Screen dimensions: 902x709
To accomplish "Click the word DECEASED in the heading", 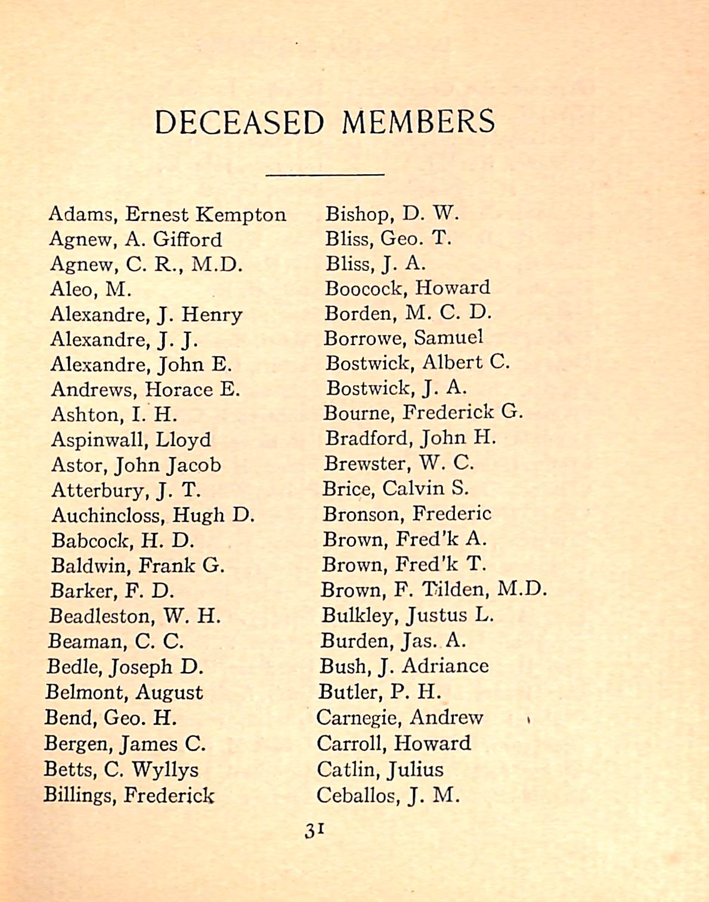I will pos(239,122).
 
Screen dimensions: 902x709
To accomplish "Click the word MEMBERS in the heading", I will pos(418,122).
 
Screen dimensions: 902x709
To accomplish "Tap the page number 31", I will pos(314,830).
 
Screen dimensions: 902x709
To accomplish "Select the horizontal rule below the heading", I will pos(324,174).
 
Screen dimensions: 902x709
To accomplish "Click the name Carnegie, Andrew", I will pos(400,718).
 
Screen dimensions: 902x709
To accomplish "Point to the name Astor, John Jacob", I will pos(136,465).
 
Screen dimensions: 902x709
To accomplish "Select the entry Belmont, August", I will pos(124,692).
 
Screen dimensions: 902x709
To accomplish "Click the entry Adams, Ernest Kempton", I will pos(167,214).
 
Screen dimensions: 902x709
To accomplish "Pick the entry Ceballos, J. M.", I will pos(388,796).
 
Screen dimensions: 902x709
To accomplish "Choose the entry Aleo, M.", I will pos(91,290).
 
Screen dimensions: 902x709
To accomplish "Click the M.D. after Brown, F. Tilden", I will pos(522,590).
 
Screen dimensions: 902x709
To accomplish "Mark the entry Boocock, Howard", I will pos(407,288).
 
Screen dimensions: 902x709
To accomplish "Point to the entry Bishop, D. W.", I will pos(391,213).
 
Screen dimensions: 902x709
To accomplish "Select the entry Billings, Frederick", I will pos(128,796).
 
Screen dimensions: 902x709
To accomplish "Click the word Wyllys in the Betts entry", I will pos(165,770).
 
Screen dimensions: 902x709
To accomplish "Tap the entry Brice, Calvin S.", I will pos(395,489).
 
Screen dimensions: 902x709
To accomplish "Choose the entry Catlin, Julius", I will pos(380,769).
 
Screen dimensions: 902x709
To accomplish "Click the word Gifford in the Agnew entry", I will pos(187,239).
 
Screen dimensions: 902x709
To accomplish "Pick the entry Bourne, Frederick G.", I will pos(422,412).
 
